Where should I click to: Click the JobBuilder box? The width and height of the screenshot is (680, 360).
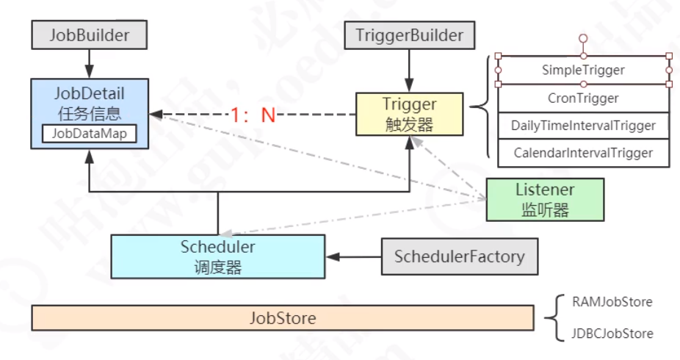[89, 35]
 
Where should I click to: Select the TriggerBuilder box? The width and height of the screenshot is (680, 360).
[409, 35]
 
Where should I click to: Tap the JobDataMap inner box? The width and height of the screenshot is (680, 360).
[89, 134]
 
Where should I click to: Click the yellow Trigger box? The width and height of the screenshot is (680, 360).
[409, 114]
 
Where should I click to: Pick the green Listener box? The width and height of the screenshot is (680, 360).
[544, 199]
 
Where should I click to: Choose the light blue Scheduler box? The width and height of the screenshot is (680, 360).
[217, 256]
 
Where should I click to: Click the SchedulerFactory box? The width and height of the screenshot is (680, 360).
[459, 256]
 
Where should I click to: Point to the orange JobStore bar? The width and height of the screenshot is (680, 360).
[283, 318]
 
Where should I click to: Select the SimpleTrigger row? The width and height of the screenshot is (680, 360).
[583, 71]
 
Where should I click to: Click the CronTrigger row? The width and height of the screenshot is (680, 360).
[583, 98]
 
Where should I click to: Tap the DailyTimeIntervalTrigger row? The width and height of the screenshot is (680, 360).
[583, 126]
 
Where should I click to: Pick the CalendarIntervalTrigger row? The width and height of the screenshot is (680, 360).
[583, 153]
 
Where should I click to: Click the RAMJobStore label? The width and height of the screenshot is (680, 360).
[612, 302]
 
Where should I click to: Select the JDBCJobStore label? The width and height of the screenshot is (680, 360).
[612, 334]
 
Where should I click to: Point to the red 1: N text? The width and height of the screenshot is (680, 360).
[252, 115]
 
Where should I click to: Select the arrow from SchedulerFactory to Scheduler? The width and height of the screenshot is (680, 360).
[353, 257]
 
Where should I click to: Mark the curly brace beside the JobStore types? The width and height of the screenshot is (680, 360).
[553, 317]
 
